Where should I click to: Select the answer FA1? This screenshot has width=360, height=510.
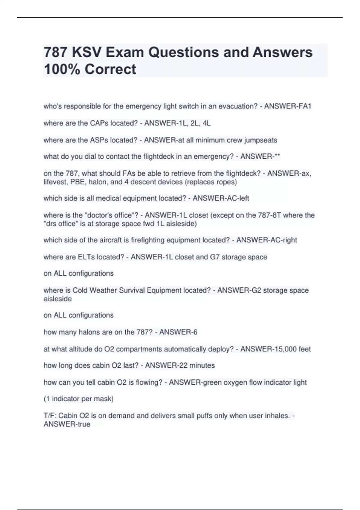(x=304, y=106)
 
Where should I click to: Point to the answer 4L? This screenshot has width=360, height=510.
(x=206, y=123)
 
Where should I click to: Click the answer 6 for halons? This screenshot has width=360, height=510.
(x=195, y=332)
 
